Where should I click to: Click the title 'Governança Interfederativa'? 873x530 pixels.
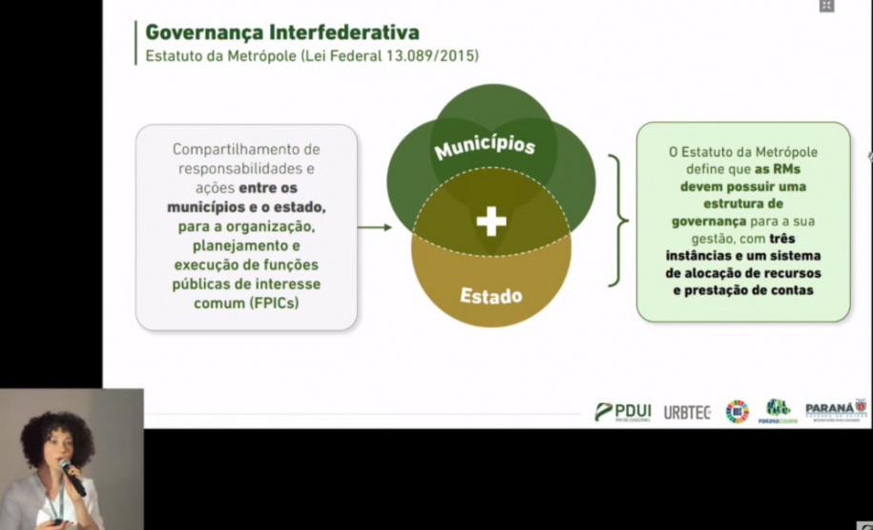(x=281, y=32)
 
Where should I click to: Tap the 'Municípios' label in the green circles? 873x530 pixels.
(x=485, y=147)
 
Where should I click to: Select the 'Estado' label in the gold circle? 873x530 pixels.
(x=491, y=295)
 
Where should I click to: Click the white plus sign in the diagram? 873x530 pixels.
(x=491, y=222)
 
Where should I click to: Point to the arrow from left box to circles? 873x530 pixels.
(x=375, y=227)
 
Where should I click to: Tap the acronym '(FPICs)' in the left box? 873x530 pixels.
(x=275, y=303)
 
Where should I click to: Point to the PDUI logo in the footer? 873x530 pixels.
(x=623, y=412)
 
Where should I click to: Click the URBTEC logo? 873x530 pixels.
(x=689, y=412)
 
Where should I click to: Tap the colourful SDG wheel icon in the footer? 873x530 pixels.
(x=738, y=412)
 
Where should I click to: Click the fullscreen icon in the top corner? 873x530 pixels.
(x=826, y=6)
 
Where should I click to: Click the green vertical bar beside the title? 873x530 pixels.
(x=136, y=44)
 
